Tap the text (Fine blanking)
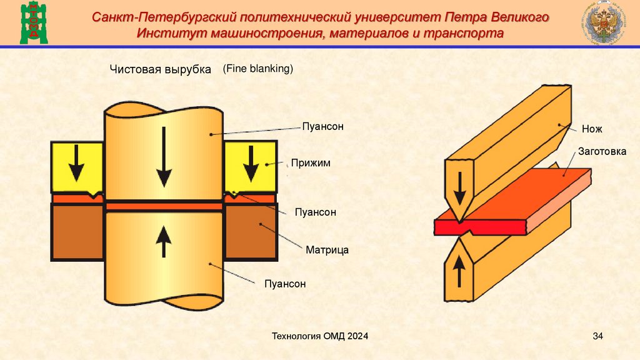coord(257,69)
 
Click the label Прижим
coord(309,163)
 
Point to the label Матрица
coord(327,250)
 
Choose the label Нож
coord(591,129)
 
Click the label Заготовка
coord(602,151)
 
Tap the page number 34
coord(597,337)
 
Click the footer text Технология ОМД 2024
coord(319,337)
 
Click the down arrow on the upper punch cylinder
coord(164,156)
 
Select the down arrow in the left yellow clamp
coord(77,162)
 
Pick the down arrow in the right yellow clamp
coord(251,162)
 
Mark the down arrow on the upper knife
coord(459,188)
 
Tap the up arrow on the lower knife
coord(459,270)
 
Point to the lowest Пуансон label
coord(284,284)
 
